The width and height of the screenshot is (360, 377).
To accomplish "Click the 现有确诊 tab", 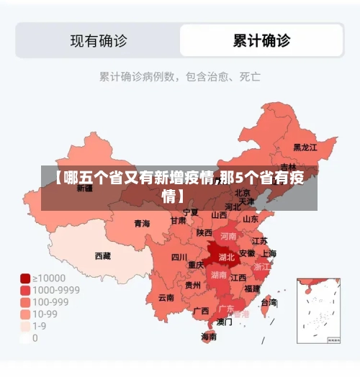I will tap(98, 40).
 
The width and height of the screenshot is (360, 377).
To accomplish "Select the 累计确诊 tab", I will tap(261, 40).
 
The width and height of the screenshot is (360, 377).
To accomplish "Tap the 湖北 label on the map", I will tap(227, 257).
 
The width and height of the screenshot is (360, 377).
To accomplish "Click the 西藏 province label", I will tap(103, 255).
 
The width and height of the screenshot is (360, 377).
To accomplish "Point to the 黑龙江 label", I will tap(305, 147).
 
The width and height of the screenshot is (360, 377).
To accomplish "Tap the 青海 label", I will tap(142, 224).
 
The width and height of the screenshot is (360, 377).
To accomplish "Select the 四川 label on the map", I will tap(179, 257).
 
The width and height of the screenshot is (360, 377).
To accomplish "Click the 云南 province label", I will tap(166, 297).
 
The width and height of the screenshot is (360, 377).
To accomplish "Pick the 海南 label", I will tap(209, 336).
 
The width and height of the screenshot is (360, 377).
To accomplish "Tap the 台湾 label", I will tap(268, 303).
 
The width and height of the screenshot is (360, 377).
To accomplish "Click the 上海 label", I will tap(268, 253).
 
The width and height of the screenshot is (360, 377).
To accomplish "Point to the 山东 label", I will tap(251, 219).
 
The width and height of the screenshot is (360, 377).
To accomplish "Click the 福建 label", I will tap(252, 289).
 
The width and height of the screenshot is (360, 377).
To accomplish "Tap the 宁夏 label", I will tap(190, 212).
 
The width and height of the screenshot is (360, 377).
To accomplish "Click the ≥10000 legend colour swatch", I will tap(25, 278).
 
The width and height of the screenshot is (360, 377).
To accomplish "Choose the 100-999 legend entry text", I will tap(53, 302).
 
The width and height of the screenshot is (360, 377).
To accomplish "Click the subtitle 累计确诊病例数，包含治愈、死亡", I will tap(179, 76).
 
